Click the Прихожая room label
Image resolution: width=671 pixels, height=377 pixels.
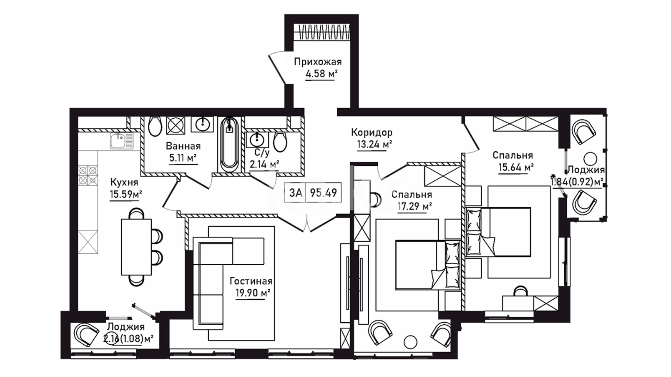pyautogui.click(x=318, y=62)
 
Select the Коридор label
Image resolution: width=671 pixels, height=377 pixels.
pyautogui.click(x=372, y=133)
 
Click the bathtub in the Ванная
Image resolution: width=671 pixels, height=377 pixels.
pyautogui.click(x=229, y=144)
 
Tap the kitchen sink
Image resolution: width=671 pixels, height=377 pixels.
pyautogui.click(x=121, y=141)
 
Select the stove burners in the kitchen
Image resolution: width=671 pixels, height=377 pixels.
pyautogui.click(x=88, y=175)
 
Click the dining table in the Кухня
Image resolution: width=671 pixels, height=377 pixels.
pyautogui.click(x=136, y=247)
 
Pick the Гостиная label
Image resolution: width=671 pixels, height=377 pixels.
pyautogui.click(x=251, y=281)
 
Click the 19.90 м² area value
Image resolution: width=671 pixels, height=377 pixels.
pyautogui.click(x=253, y=293)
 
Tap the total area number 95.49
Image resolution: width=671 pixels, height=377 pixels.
pyautogui.click(x=324, y=192)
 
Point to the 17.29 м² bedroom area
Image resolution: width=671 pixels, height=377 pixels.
pyautogui.click(x=414, y=207)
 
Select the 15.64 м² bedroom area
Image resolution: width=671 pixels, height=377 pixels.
pyautogui.click(x=515, y=167)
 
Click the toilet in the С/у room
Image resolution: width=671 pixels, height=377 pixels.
pyautogui.click(x=280, y=141)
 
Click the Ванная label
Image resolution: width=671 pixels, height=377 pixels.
pyautogui.click(x=183, y=146)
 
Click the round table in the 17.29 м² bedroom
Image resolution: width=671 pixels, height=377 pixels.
pyautogui.click(x=410, y=342)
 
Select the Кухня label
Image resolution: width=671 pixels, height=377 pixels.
pyautogui.click(x=124, y=182)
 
